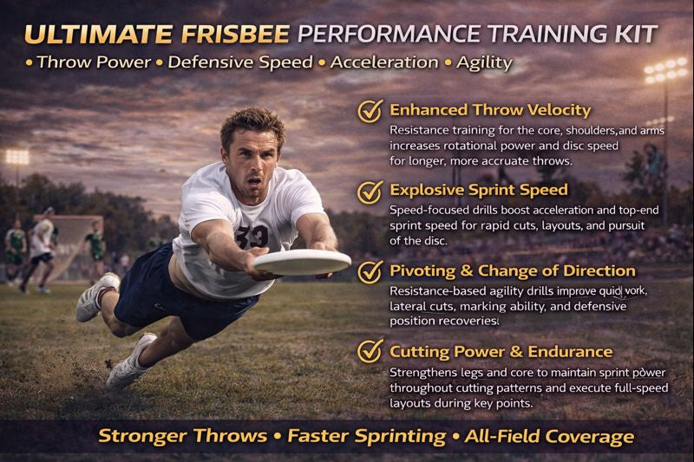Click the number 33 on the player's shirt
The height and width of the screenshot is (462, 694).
(x=255, y=235)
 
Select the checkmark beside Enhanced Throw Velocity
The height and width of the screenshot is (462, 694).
(x=370, y=112)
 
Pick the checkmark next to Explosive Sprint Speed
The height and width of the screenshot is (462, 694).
(x=370, y=190)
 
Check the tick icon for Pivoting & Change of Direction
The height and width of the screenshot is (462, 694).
(x=370, y=271)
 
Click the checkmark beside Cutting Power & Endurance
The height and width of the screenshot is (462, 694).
(x=370, y=352)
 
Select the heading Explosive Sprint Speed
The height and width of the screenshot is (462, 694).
(x=479, y=189)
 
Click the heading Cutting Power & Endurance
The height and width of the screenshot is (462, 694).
(x=501, y=351)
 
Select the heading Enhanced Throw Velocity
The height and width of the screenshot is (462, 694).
(x=490, y=110)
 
